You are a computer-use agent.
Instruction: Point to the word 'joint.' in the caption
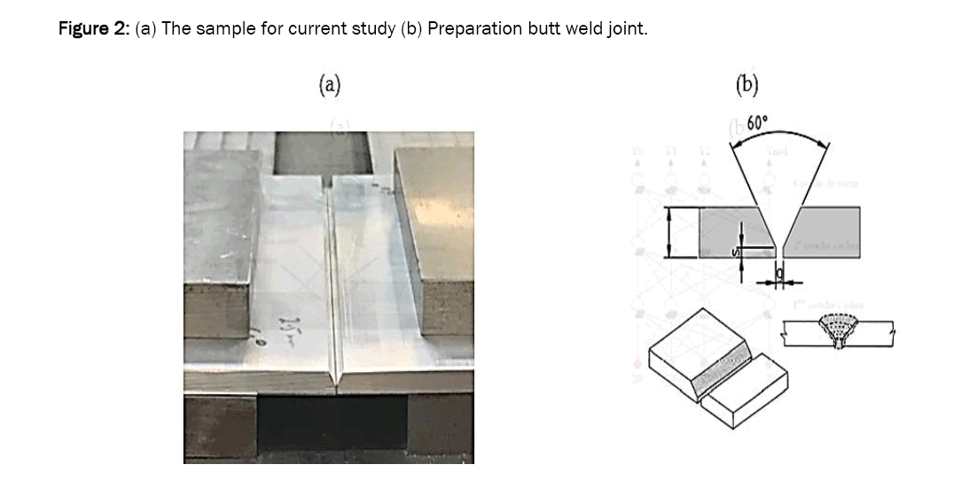628,28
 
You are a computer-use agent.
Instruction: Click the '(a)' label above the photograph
330,84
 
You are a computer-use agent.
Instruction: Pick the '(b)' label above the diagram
747,84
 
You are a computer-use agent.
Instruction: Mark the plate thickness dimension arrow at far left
671,233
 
